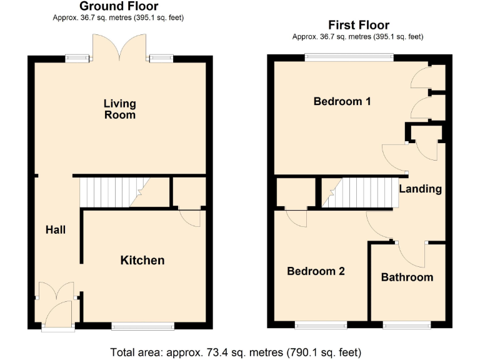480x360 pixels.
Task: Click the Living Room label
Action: pos(119,109)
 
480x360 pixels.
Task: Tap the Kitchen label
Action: pos(142,260)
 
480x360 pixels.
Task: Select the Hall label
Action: pos(56,230)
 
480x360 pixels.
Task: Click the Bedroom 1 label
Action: pos(342,101)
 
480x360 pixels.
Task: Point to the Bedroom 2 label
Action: pos(316,271)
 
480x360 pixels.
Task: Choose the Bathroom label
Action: pos(407,277)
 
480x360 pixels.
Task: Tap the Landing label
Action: pos(420,189)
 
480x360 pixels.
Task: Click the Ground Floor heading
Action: pos(119,6)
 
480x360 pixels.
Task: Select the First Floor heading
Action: pos(359,25)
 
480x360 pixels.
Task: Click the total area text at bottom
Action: pos(236,352)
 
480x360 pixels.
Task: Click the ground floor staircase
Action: pos(110,191)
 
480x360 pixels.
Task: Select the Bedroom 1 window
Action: pos(349,58)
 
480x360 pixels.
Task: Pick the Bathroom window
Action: pos(407,325)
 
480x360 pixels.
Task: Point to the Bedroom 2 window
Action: pos(321,325)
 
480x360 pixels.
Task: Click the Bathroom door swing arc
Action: pos(409,253)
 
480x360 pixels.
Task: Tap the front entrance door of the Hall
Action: pos(58,316)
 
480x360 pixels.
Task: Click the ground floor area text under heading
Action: pos(119,17)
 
